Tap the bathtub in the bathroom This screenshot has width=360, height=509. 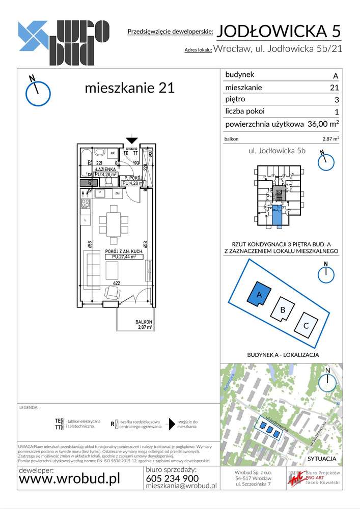click(87, 155)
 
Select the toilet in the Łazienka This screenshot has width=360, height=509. click(101, 152)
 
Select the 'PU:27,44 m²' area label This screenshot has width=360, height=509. click(124, 258)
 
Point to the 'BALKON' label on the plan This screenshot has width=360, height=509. click(144, 322)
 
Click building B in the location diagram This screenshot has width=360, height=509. click(282, 308)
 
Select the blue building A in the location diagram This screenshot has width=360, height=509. click(258, 294)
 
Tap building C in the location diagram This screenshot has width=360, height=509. click(305, 326)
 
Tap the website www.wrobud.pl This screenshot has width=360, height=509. click(69, 479)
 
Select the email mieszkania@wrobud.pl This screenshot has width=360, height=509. click(181, 486)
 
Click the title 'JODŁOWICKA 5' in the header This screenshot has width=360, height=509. click(279, 32)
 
